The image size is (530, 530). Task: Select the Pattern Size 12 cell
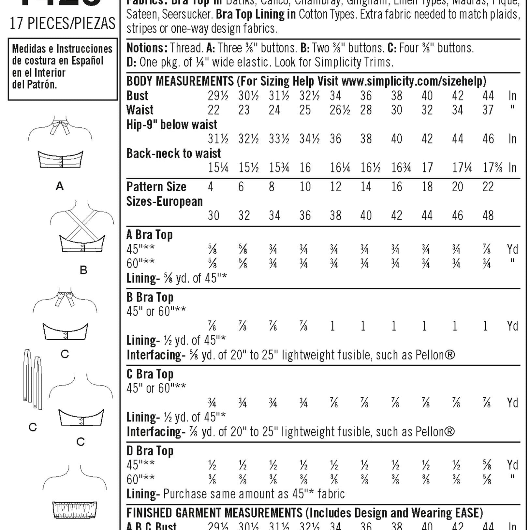pos(335,187)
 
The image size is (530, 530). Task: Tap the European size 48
pos(488,215)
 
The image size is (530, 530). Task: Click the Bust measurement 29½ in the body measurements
pos(218,96)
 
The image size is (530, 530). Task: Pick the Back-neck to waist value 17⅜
pos(492,168)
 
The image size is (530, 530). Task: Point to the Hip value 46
pos(488,139)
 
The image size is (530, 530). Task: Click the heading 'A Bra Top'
pos(149,235)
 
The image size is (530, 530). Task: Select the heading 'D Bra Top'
pos(150,451)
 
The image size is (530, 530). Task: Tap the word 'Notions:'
pos(147,48)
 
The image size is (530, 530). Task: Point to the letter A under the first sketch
pos(60,186)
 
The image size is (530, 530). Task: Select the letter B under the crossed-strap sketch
pos(83,270)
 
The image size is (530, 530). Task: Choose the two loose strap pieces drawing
pos(33,380)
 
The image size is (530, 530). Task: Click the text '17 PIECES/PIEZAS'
pos(62,24)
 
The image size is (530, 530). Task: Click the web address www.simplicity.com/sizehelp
pos(414,81)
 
